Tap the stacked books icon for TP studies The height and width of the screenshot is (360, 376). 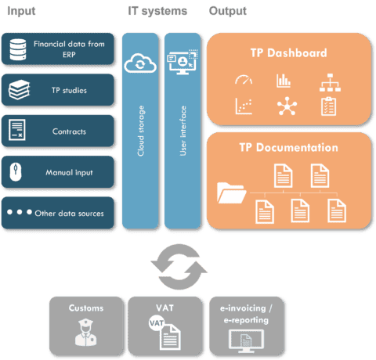19,90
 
